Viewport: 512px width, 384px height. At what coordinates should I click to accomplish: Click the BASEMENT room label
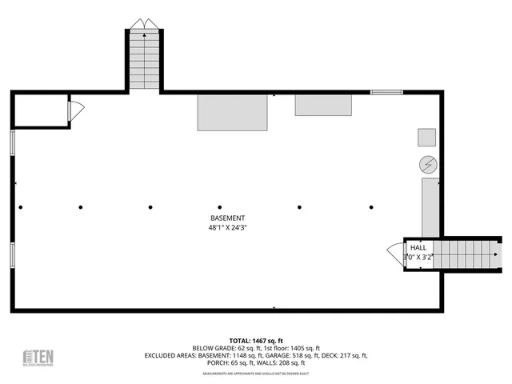pyautogui.click(x=227, y=218)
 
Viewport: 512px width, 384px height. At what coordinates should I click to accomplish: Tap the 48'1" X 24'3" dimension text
pyautogui.click(x=227, y=227)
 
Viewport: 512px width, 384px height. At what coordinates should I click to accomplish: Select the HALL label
pyautogui.click(x=419, y=248)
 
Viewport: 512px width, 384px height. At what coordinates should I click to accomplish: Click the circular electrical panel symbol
pyautogui.click(x=428, y=165)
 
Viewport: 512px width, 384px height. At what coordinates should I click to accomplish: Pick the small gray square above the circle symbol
pyautogui.click(x=426, y=137)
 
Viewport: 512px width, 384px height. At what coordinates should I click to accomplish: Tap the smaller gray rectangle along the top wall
pyautogui.click(x=323, y=105)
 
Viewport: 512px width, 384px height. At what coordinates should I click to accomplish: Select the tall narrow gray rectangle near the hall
pyautogui.click(x=430, y=206)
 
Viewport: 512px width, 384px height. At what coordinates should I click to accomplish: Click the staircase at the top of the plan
pyautogui.click(x=144, y=62)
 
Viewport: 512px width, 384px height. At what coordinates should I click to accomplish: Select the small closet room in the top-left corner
pyautogui.click(x=40, y=110)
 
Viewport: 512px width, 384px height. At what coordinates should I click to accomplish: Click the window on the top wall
pyautogui.click(x=386, y=93)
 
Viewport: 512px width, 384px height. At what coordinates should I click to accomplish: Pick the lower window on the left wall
pyautogui.click(x=12, y=254)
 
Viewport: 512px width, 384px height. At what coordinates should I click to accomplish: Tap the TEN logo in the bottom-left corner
pyautogui.click(x=38, y=357)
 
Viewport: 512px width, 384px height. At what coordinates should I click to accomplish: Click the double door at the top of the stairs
pyautogui.click(x=144, y=24)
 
